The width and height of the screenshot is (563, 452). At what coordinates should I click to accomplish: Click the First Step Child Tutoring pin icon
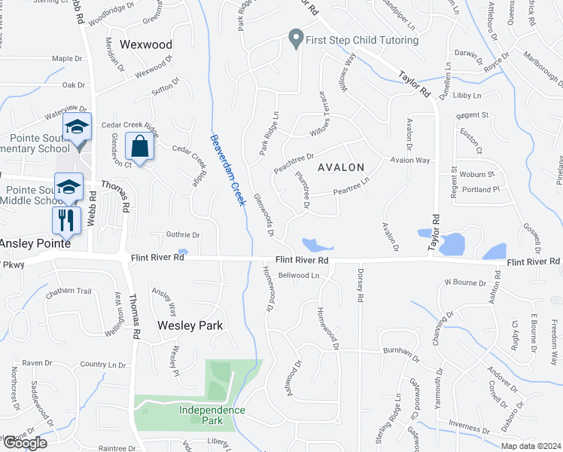pos(296,38)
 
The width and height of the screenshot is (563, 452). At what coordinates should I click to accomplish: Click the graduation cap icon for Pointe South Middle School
pos(68,187)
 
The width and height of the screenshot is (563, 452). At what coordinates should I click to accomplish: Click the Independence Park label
pos(212,414)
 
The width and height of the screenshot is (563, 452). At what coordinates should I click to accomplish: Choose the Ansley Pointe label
pos(35,244)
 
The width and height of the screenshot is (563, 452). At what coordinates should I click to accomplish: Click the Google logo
pos(25,442)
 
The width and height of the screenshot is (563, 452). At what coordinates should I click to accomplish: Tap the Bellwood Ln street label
pos(299,276)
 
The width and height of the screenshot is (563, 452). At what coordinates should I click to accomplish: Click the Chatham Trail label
pos(68,292)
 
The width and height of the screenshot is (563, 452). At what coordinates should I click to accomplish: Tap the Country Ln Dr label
pos(103,365)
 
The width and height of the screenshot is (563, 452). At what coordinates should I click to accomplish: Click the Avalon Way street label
pos(410,160)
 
